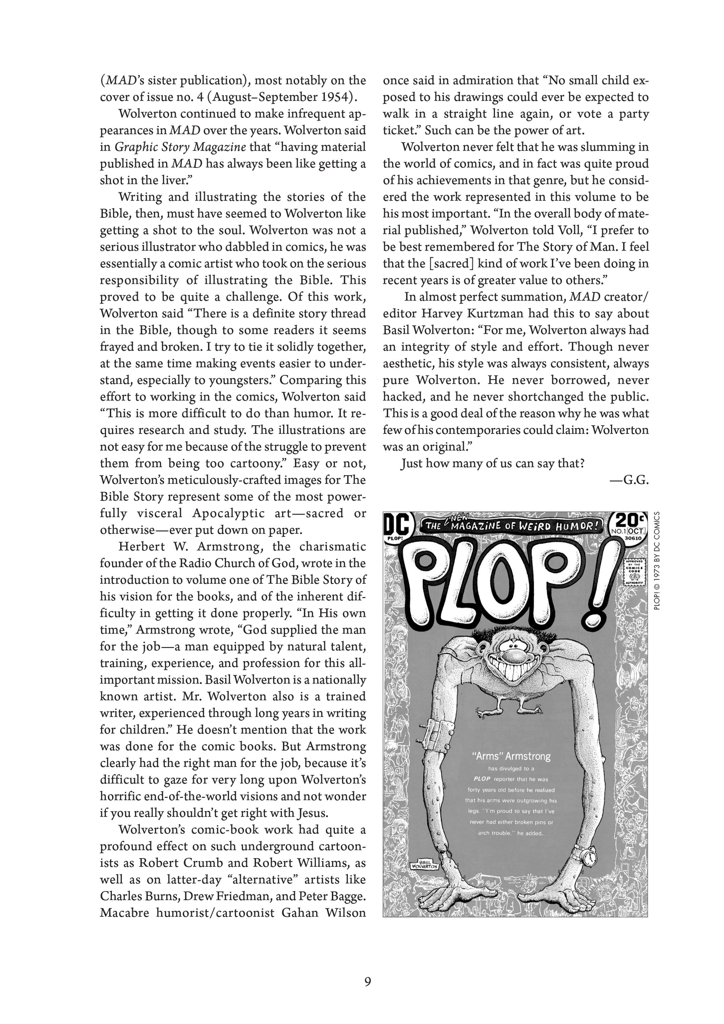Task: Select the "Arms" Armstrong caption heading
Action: (511, 756)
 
